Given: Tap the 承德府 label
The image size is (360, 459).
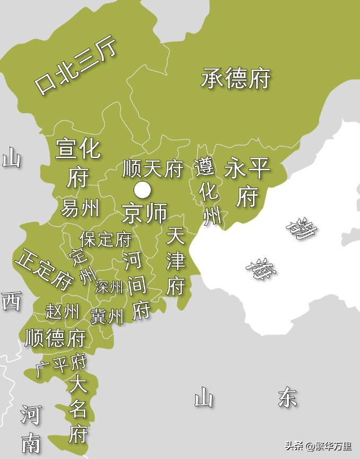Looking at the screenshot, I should click(x=235, y=79).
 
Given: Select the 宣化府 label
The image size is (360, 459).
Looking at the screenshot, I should click(x=77, y=162).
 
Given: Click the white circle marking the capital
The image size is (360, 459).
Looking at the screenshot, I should click(x=142, y=189).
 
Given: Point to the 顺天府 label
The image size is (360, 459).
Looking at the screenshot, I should click(x=153, y=169).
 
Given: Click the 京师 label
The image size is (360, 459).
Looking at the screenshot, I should click(x=144, y=213).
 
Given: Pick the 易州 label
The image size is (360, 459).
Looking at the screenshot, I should click(x=80, y=208).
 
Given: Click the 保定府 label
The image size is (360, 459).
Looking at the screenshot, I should click(x=105, y=239).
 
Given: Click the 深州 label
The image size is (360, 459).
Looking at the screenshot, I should click(x=109, y=287).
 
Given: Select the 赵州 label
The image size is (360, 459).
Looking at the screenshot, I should click(x=63, y=311).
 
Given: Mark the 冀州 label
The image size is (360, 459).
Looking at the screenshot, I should click(x=107, y=316).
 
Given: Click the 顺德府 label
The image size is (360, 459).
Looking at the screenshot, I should click(x=55, y=337).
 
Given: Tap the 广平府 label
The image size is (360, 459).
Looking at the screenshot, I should click(x=62, y=365).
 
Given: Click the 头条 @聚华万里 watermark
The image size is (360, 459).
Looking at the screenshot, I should click(x=319, y=446).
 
